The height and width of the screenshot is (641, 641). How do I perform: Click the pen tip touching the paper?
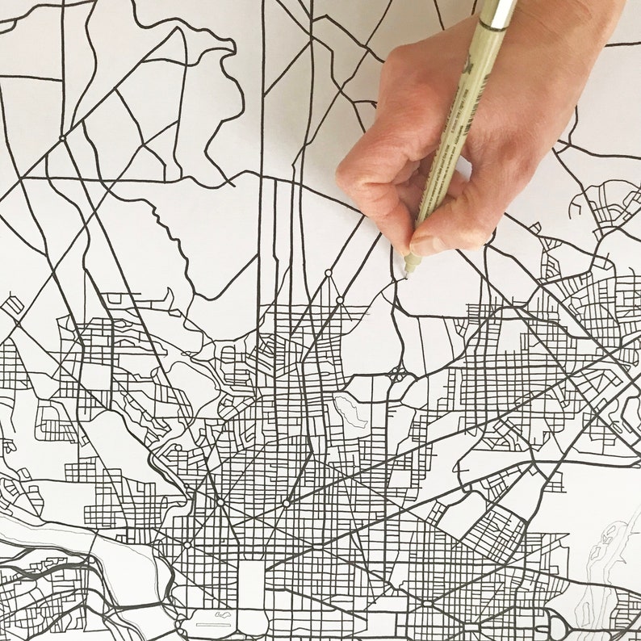click(x=407, y=272)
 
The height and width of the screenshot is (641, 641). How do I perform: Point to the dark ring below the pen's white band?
click(x=492, y=25)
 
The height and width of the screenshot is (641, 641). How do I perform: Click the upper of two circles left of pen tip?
click(x=328, y=274)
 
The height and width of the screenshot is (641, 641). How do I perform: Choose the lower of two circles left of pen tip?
click(x=340, y=300)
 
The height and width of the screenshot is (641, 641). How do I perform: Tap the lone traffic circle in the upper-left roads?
click(x=62, y=138)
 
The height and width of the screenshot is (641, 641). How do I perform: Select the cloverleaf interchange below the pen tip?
click(x=397, y=374)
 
